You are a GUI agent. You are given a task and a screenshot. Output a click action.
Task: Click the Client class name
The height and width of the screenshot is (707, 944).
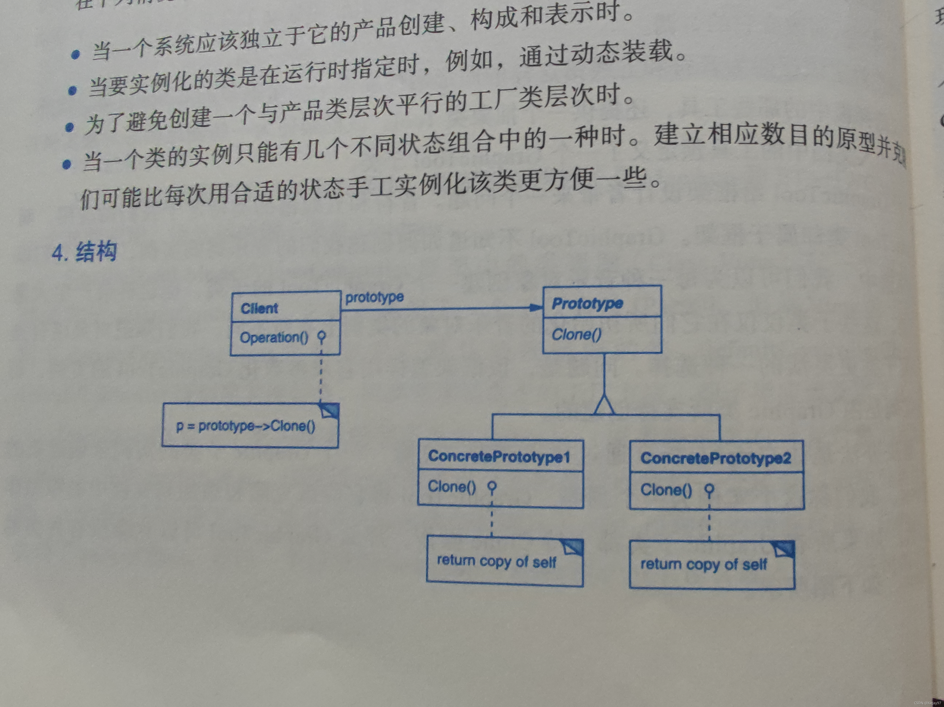(x=259, y=308)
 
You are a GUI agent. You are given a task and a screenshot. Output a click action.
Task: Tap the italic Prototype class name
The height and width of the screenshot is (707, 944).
(x=587, y=304)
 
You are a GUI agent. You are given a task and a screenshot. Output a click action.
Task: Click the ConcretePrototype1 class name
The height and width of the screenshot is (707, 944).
(x=499, y=456)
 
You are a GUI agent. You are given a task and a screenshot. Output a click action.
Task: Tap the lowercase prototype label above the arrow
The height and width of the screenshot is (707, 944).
(x=374, y=297)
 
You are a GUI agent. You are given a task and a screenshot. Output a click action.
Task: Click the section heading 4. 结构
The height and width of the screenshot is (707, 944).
(x=84, y=251)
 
